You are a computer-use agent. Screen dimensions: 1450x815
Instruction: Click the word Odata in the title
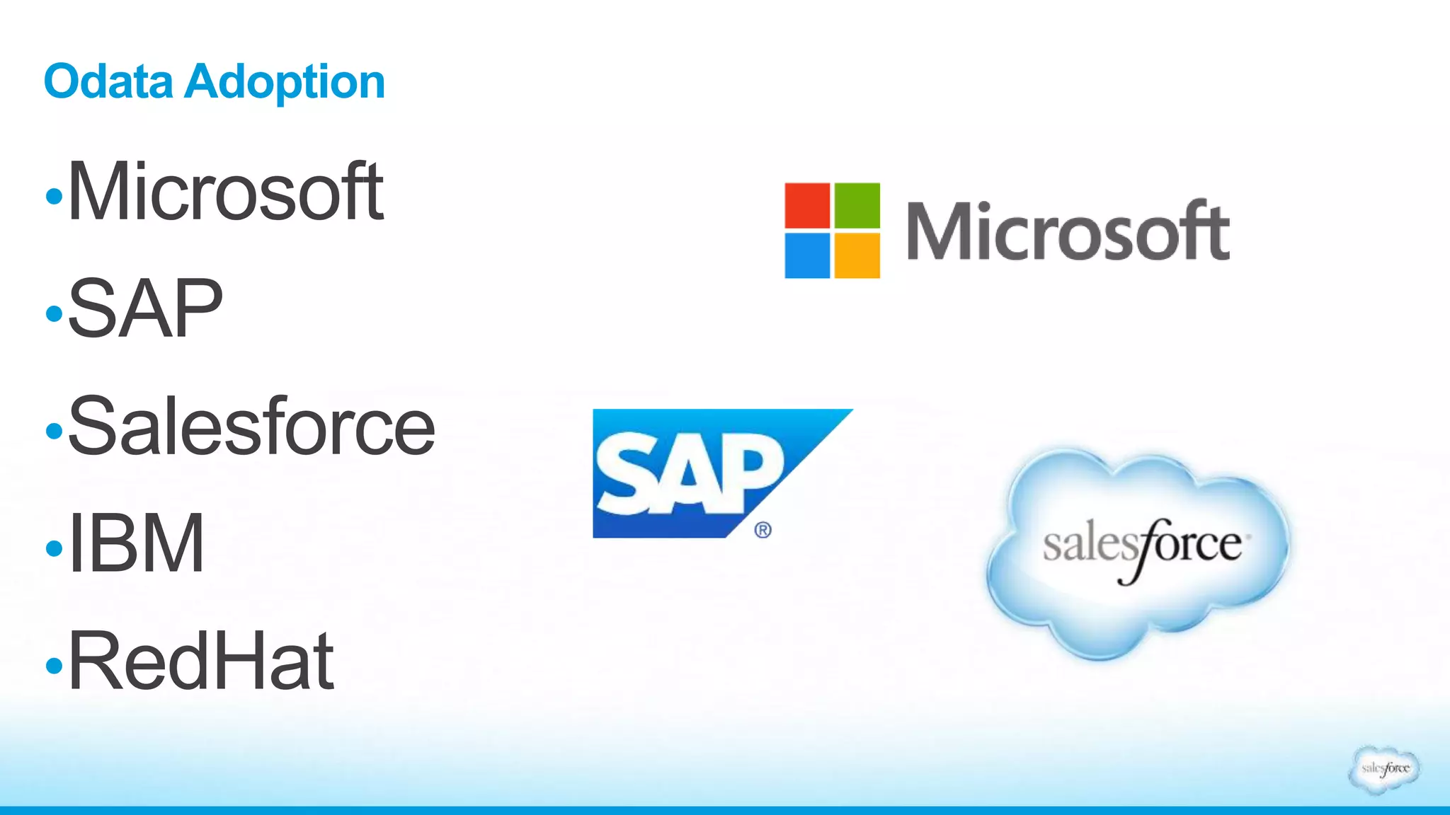point(108,81)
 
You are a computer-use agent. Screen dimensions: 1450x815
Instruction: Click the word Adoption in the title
point(285,83)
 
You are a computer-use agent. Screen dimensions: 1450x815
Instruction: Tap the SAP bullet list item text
point(145,308)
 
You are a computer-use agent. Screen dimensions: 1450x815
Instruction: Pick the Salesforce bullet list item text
point(251,426)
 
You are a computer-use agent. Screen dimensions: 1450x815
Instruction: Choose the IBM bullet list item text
point(136,543)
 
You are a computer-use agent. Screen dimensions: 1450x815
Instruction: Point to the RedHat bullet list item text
point(200,661)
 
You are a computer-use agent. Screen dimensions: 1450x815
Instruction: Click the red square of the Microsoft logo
point(807,205)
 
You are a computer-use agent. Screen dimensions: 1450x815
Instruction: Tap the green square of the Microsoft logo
point(857,205)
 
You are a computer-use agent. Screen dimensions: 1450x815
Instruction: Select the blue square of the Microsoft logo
point(807,255)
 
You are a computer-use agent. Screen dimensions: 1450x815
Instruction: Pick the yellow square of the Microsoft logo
point(857,255)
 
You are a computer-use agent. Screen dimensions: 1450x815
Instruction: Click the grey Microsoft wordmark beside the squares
point(1068,231)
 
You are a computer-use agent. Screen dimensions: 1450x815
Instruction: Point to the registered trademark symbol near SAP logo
point(763,530)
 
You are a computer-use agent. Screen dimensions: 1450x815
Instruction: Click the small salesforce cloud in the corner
point(1385,768)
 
